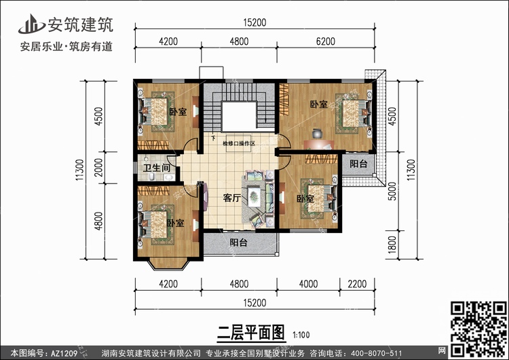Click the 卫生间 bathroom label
click(157, 168)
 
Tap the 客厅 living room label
click(232, 198)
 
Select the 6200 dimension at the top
click(326, 41)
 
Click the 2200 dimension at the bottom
click(357, 284)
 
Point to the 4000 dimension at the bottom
click(308, 284)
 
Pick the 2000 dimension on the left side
click(98, 168)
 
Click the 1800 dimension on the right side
click(392, 245)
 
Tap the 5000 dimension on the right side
click(392, 192)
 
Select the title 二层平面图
click(251, 333)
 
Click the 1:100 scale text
click(301, 335)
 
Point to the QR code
click(478, 329)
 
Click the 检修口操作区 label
click(239, 143)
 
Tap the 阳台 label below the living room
click(239, 242)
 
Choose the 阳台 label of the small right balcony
click(358, 164)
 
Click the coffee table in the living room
click(254, 196)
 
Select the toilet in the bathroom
click(151, 177)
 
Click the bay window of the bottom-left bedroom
click(168, 264)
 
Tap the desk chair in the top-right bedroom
click(317, 134)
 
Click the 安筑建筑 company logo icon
click(31, 24)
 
